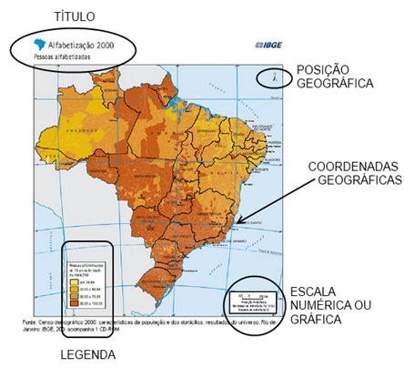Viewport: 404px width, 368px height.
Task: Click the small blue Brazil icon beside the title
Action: pos(38,44)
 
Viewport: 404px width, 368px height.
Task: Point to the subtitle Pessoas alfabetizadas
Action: pos(64,56)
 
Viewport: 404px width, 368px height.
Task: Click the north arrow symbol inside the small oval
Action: pos(270,78)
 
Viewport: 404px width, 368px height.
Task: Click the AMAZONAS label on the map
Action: pos(70,133)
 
